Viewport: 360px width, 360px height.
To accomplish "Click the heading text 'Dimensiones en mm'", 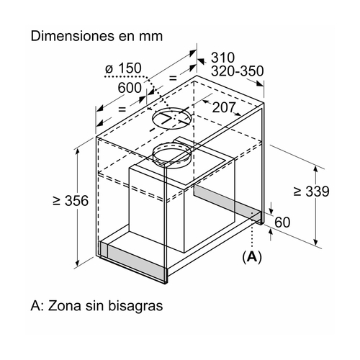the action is pos(96,36).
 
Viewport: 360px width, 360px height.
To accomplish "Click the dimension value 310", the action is pos(222,58).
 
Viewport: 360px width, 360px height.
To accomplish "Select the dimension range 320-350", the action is pos(237,71).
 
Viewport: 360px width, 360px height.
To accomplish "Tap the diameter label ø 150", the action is pos(123,68).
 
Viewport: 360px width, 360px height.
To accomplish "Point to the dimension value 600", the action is pos(130,88).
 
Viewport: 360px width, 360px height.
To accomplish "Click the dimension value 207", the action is pos(224,107).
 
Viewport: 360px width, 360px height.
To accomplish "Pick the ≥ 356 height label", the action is pos(71,201).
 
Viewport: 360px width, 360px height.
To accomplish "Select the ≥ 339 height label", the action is pos(311,192).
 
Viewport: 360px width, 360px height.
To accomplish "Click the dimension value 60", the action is pos(282,222).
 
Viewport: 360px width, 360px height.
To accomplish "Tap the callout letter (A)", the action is pos(252,257).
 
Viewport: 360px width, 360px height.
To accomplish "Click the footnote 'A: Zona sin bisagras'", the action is pos(96,306).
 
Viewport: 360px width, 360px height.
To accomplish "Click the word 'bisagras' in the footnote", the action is pos(135,306).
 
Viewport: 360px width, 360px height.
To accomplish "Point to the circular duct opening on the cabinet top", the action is pos(172,119).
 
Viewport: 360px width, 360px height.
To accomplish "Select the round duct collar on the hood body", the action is pos(172,155).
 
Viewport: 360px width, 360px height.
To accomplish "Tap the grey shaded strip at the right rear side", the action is pos(228,203).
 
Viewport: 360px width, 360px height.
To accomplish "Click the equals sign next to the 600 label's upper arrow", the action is pos(173,78).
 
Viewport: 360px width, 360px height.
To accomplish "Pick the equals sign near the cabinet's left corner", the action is pos(122,109).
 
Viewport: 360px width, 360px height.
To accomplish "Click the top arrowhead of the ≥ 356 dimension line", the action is pos(78,152).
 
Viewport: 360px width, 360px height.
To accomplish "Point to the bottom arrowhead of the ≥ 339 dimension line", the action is pos(316,240).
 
